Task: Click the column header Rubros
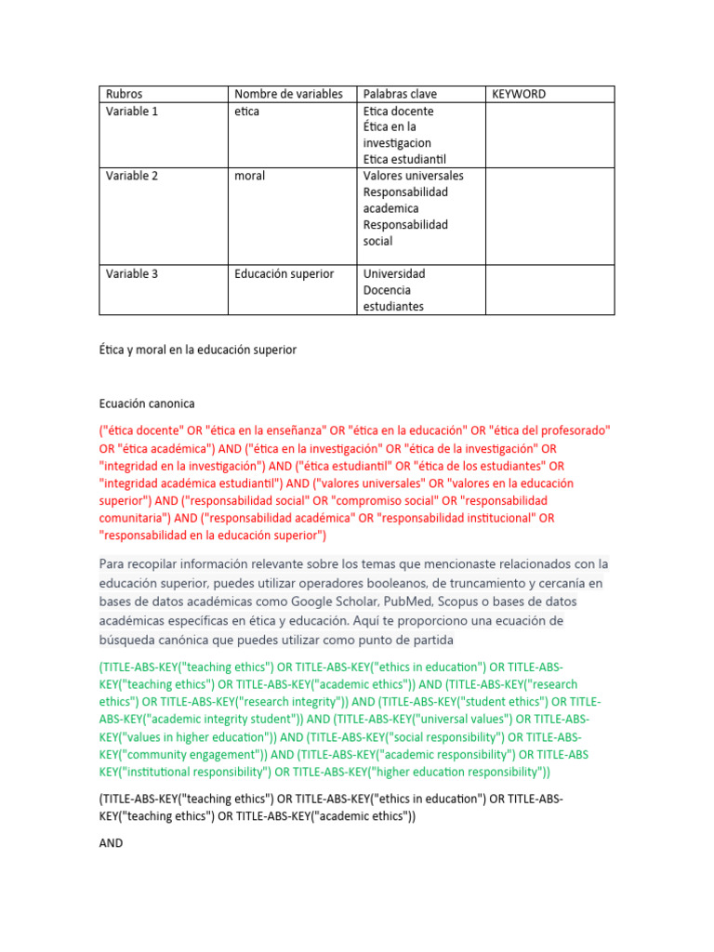[124, 94]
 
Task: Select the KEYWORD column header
[519, 94]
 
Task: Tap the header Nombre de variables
[288, 94]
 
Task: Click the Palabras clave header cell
[400, 94]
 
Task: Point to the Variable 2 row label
[132, 176]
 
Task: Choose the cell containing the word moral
[249, 176]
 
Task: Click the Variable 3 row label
[132, 273]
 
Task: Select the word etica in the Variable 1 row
[246, 111]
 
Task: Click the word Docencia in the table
[387, 290]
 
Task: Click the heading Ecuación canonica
[147, 403]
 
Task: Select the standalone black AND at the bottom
[111, 842]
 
